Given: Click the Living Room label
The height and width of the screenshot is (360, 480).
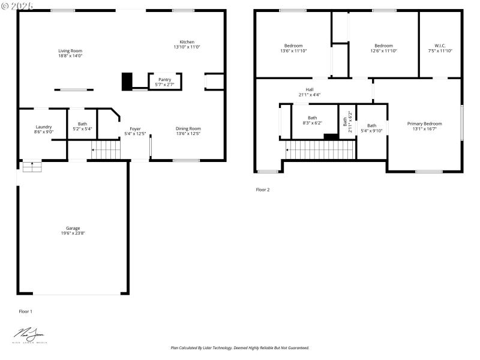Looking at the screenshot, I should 70,51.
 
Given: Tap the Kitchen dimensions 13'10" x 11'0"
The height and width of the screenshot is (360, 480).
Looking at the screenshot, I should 187,47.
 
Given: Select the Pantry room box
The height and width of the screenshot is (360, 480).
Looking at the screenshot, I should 164,82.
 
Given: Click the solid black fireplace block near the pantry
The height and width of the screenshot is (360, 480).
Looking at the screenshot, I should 127,82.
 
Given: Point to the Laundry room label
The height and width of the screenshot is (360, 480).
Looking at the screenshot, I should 44,127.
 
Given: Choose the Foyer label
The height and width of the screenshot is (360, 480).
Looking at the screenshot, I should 135,128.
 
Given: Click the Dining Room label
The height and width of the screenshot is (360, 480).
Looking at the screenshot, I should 188,128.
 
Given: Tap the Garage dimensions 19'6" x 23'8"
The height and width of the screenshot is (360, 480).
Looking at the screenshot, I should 73,233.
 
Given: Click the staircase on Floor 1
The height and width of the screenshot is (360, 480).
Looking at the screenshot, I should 106,149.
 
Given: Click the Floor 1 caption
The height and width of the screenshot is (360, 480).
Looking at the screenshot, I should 26,311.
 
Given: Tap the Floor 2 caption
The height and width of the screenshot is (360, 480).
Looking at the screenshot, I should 263,190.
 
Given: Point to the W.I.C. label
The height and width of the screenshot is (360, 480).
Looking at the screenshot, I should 440,46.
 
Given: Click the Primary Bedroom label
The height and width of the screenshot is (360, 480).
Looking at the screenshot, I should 424,124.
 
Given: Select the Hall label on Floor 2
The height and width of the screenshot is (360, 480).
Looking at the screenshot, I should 310,89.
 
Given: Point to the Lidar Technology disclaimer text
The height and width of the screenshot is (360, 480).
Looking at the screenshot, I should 240,347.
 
